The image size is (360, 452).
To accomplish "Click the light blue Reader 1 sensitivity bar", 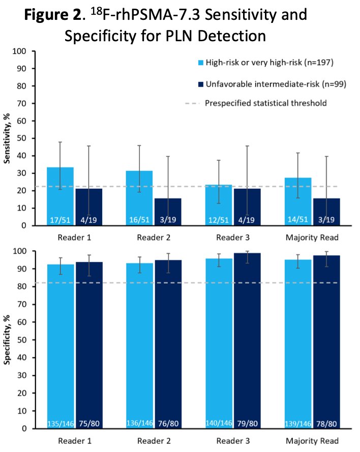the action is (60, 196).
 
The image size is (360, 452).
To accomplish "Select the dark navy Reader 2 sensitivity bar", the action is (168, 212).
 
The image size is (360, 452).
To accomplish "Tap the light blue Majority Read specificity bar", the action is (298, 344).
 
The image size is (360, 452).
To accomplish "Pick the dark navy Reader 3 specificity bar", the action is (247, 341).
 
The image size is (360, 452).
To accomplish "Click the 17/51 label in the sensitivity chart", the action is (60, 220).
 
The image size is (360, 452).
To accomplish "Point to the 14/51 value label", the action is (298, 220).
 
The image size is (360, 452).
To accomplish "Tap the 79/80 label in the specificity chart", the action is (248, 423).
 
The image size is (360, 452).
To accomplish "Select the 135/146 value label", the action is (61, 423).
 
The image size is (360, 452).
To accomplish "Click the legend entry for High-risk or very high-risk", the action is (265, 63).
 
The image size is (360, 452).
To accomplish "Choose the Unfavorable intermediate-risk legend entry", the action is (272, 84).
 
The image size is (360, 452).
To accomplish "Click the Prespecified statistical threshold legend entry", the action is (256, 103).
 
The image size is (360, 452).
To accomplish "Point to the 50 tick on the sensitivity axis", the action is (22, 138).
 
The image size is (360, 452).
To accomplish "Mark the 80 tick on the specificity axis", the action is (22, 287).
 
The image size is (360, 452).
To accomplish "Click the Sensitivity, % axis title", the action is (7, 138).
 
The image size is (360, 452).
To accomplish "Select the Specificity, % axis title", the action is (7, 340).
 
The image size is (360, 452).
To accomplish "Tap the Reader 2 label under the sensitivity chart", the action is (154, 238).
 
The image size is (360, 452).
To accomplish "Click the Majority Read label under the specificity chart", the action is (312, 441).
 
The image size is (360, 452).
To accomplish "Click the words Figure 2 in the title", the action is (53, 15).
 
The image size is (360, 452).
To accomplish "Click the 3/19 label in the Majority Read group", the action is (326, 220).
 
